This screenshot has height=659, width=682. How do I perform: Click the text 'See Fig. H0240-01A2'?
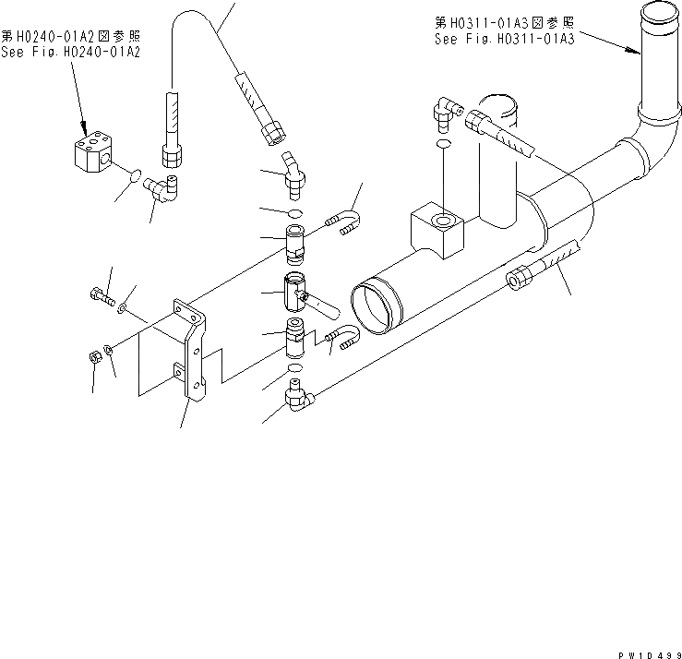pos(70,54)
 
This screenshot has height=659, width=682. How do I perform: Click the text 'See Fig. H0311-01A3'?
pos(504,40)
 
